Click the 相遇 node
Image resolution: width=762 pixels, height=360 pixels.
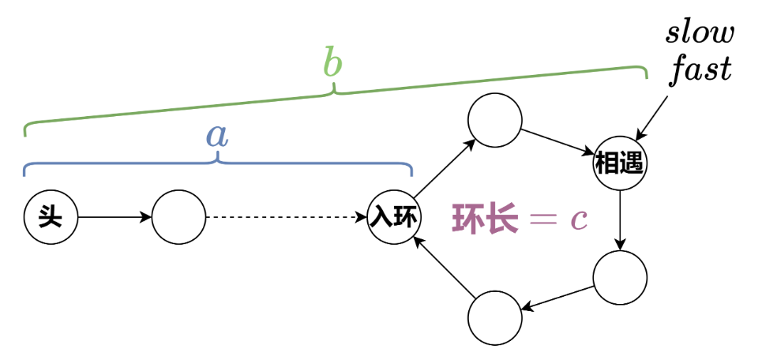tap(620, 165)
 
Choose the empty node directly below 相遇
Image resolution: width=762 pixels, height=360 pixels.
tap(620, 278)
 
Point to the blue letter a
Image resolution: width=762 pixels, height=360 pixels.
tap(216, 135)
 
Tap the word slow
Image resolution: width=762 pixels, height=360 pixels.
tap(700, 33)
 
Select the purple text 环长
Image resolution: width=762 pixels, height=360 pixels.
tap(485, 219)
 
